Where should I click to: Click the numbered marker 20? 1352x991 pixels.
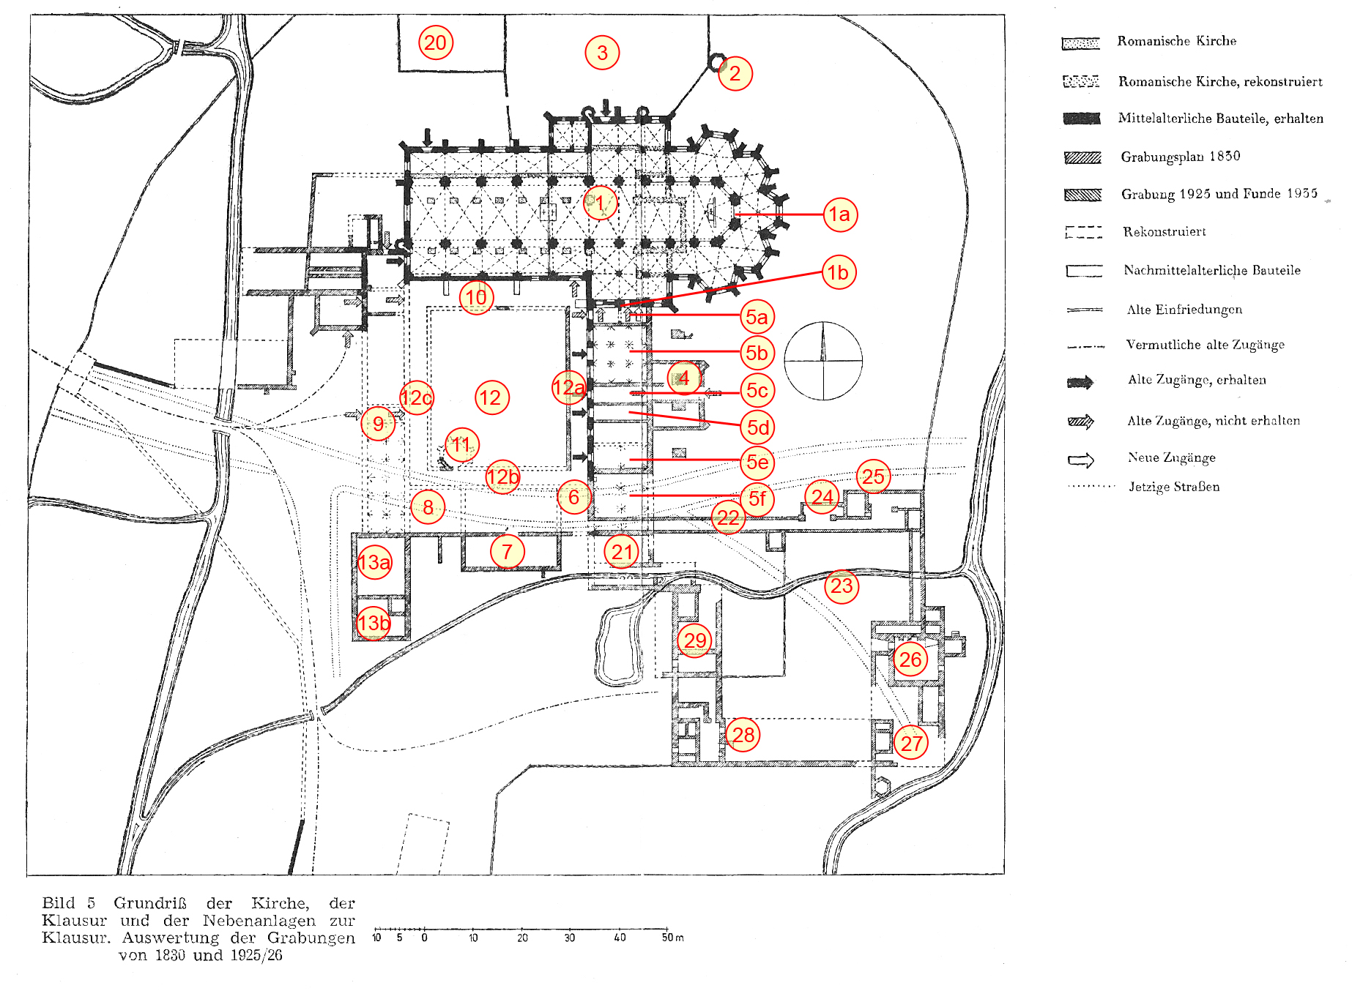coord(436,42)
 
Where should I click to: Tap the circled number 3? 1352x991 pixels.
coord(602,53)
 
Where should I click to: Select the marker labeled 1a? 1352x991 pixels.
coord(839,214)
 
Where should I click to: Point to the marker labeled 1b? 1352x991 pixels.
coord(839,272)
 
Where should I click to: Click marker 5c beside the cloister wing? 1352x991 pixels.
coord(757,390)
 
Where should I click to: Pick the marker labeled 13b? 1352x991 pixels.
coord(374,623)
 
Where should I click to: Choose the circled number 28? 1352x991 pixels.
coord(743,735)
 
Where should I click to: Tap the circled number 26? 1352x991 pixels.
coord(910,659)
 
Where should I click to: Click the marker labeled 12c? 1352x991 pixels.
coord(417,397)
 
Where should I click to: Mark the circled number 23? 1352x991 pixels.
coord(842,586)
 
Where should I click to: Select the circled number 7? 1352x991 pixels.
coord(507,552)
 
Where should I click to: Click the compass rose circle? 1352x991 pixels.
coord(823,322)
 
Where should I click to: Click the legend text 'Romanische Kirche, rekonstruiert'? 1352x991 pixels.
coord(1220,81)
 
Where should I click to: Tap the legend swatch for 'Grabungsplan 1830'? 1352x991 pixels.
coord(1082,157)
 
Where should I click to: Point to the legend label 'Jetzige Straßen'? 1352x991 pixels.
coord(1174,487)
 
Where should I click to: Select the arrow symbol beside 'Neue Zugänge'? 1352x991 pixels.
coord(1081,460)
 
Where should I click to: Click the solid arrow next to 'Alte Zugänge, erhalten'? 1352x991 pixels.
coord(1080,382)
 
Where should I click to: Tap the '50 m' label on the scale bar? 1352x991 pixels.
coord(672,938)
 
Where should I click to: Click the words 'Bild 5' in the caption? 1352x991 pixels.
coord(69,903)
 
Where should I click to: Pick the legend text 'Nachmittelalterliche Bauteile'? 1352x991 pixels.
coord(1212,270)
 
